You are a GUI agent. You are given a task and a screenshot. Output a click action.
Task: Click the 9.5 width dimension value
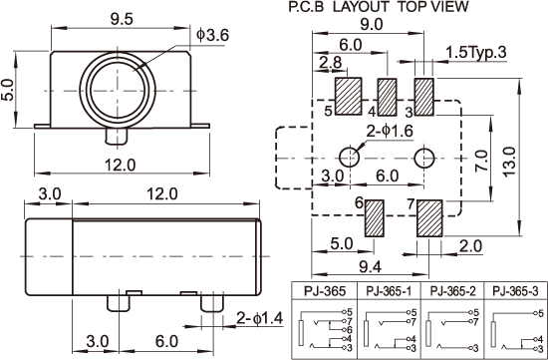point(122,19)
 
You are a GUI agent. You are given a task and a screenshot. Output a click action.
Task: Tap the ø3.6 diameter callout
point(212,35)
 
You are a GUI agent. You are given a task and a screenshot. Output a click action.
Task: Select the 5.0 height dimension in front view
point(7,90)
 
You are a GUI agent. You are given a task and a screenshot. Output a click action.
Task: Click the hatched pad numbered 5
point(348,96)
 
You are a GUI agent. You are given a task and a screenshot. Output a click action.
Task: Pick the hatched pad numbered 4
point(387,97)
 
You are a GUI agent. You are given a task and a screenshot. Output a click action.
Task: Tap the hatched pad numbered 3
point(423,97)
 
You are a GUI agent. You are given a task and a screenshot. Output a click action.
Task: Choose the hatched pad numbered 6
point(375,218)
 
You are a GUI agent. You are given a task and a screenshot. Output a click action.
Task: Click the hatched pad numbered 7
point(429,218)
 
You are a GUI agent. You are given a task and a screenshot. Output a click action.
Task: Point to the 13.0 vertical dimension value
point(510,162)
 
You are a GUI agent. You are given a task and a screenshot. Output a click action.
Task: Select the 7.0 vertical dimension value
point(481,161)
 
